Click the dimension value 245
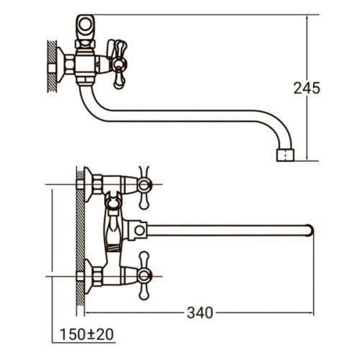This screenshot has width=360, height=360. pyautogui.click(x=307, y=89)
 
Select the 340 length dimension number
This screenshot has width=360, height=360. pyautogui.click(x=199, y=312)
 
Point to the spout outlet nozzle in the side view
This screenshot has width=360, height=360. pyautogui.click(x=285, y=154)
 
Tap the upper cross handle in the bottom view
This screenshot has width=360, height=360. pyautogui.click(x=145, y=184)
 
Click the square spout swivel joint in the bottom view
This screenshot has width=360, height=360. pyautogui.click(x=137, y=230)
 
